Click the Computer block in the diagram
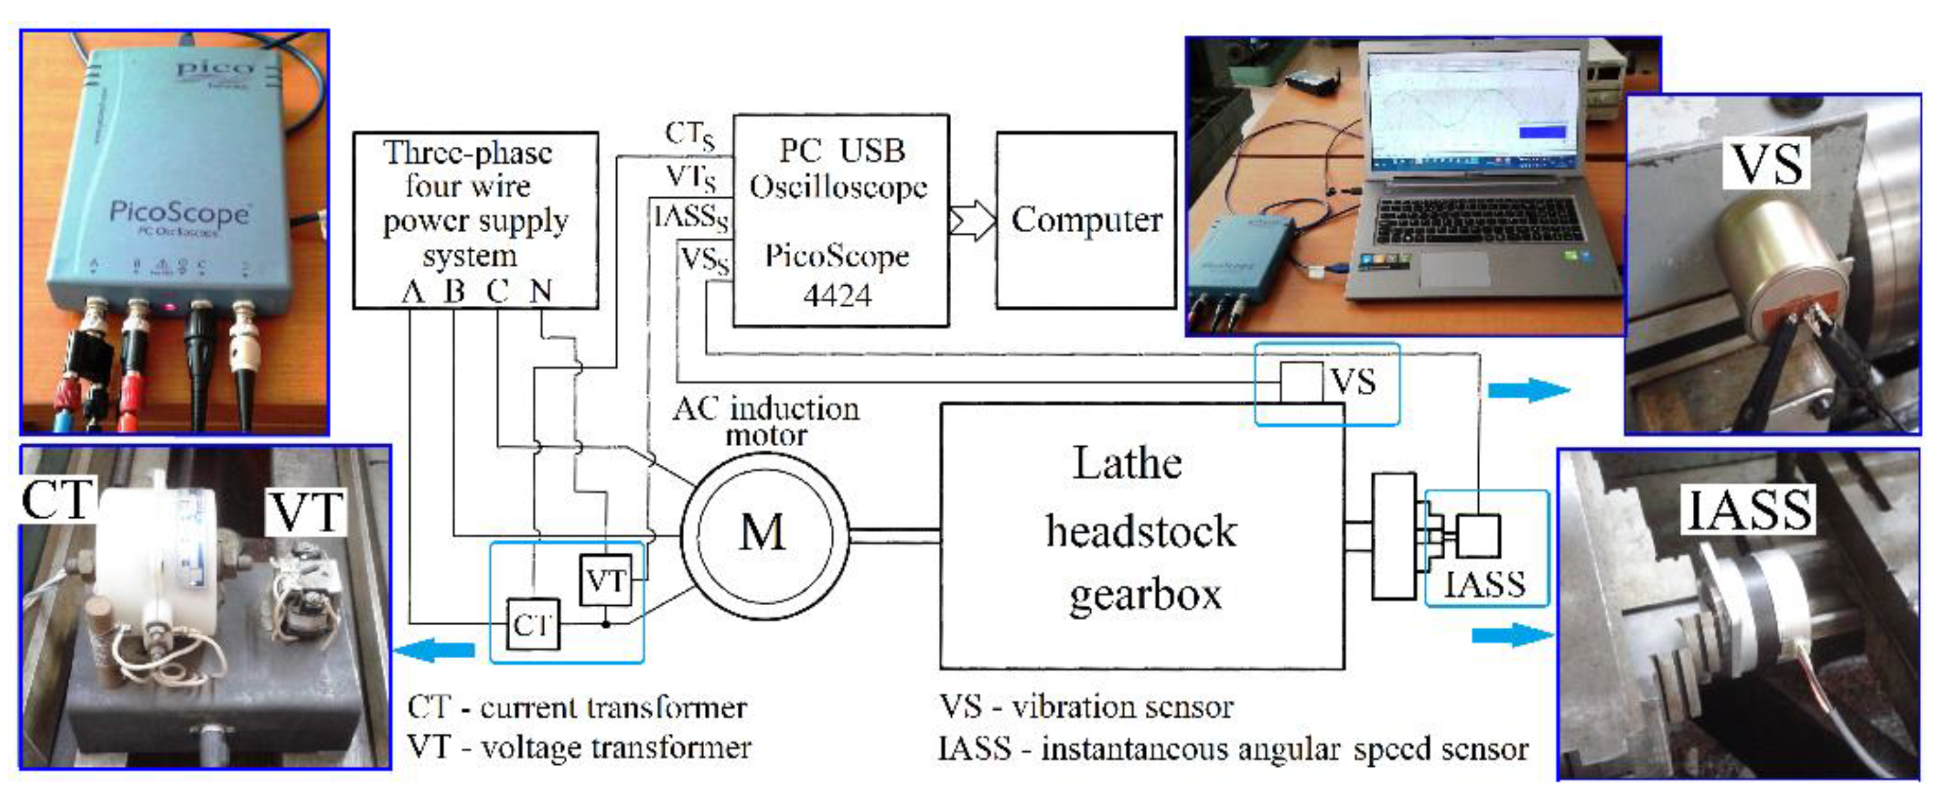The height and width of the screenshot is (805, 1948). (1086, 220)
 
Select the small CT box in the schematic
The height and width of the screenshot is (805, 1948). (533, 625)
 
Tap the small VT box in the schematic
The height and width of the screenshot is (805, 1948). (605, 580)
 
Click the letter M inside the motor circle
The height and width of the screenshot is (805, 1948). (763, 532)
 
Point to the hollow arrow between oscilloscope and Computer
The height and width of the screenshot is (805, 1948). (972, 221)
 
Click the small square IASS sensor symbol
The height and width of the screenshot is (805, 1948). (1477, 535)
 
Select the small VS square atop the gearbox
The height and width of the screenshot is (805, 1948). (1301, 382)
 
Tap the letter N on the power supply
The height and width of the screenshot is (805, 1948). (540, 291)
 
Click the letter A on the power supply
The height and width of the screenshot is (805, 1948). (412, 291)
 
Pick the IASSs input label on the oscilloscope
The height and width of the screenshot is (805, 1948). (691, 218)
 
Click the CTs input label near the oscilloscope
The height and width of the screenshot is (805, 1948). (689, 135)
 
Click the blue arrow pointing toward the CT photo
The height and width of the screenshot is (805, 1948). (435, 649)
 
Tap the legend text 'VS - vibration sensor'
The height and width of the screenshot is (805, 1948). (1086, 707)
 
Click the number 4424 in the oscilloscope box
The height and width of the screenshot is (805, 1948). (837, 294)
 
